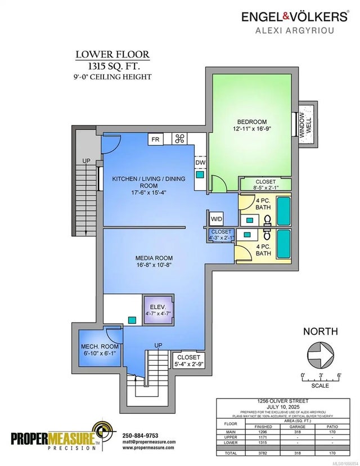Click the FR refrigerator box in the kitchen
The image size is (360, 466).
pyautogui.click(x=156, y=139)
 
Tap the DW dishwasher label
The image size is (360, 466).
pyautogui.click(x=200, y=163)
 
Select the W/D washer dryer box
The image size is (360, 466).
pyautogui.click(x=216, y=218)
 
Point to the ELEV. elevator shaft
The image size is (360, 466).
pyautogui.click(x=157, y=310)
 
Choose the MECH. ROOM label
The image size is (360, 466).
pyautogui.click(x=97, y=349)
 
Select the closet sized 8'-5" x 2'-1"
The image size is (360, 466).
pyautogui.click(x=265, y=185)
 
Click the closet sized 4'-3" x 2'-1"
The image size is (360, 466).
pyautogui.click(x=222, y=234)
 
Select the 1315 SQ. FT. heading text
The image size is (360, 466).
pyautogui.click(x=113, y=66)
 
